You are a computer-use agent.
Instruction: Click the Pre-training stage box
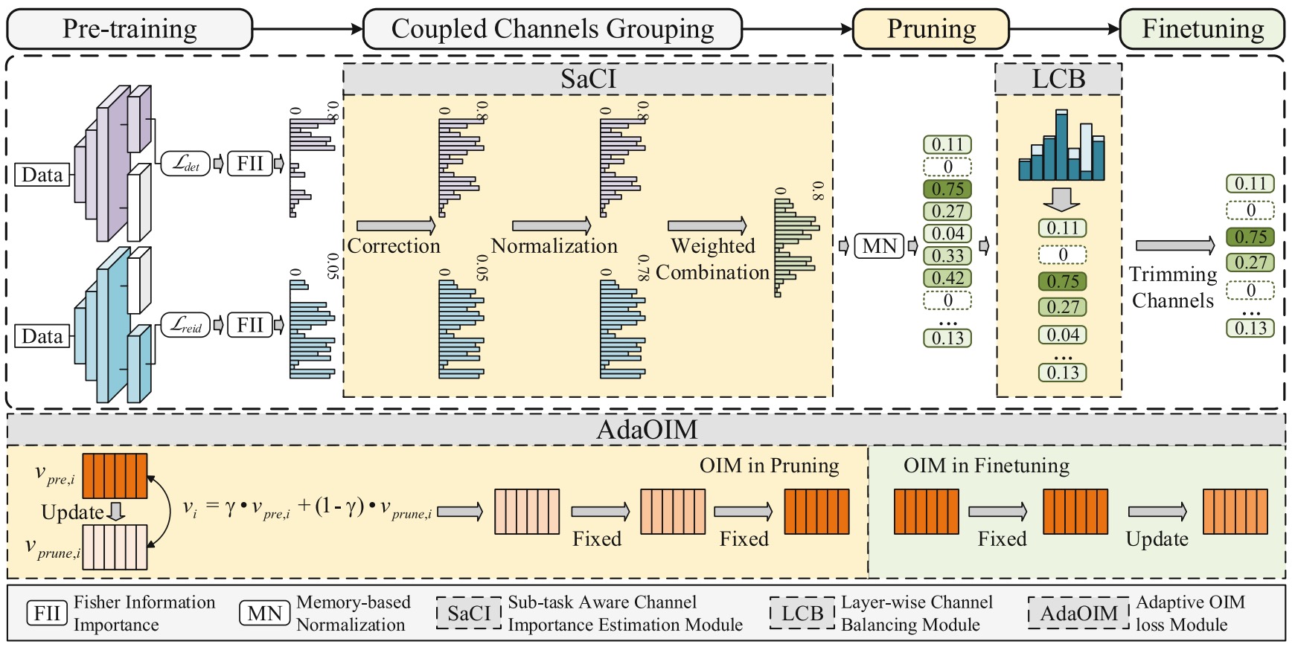129,29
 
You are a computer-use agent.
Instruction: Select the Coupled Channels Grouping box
552,29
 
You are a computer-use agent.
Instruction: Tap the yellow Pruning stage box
930,29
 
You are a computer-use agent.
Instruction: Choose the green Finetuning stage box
1202,29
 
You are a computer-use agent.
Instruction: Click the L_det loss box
185,164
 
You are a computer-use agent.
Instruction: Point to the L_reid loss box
185,325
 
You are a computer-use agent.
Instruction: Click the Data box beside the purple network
42,175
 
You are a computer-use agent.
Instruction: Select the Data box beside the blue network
42,336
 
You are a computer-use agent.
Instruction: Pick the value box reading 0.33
947,256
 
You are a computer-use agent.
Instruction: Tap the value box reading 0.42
947,278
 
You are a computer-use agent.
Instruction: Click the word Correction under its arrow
394,246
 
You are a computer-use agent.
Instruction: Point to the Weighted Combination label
712,259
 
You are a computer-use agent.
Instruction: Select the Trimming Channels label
1173,287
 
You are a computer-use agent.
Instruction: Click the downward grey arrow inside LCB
1061,199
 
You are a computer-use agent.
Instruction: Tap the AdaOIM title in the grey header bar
647,430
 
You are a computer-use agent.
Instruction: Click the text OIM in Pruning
769,466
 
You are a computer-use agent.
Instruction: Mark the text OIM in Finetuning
986,466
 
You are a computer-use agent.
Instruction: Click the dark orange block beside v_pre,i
115,476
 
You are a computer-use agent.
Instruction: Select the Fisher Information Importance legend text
144,614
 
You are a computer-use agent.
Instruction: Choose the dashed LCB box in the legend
802,614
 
